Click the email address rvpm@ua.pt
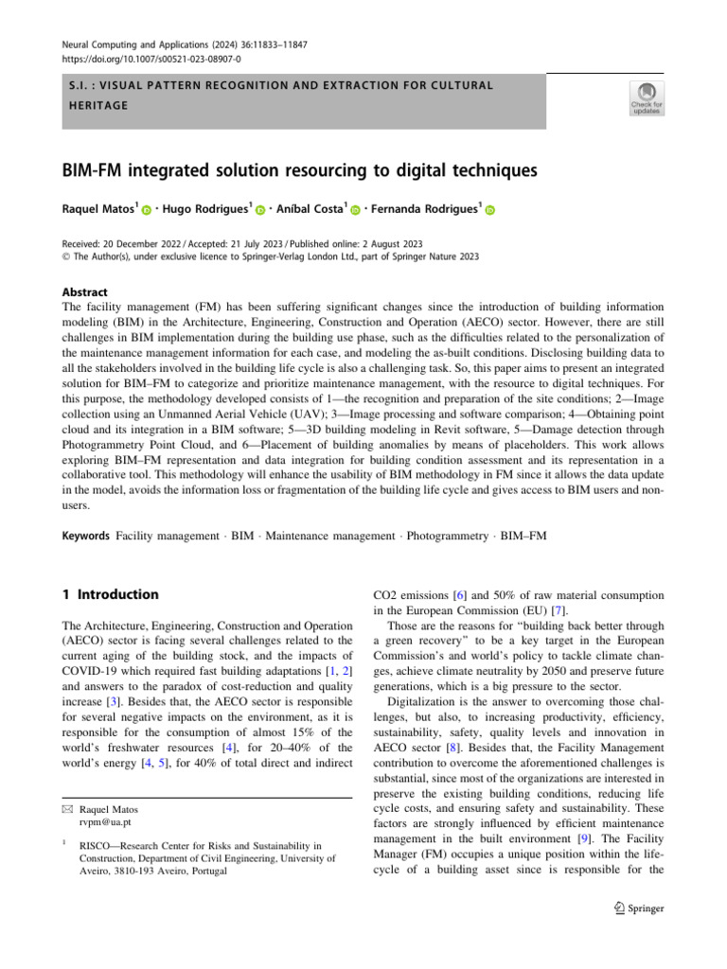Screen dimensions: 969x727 click(x=107, y=823)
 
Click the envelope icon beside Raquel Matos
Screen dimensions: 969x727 click(x=67, y=810)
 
